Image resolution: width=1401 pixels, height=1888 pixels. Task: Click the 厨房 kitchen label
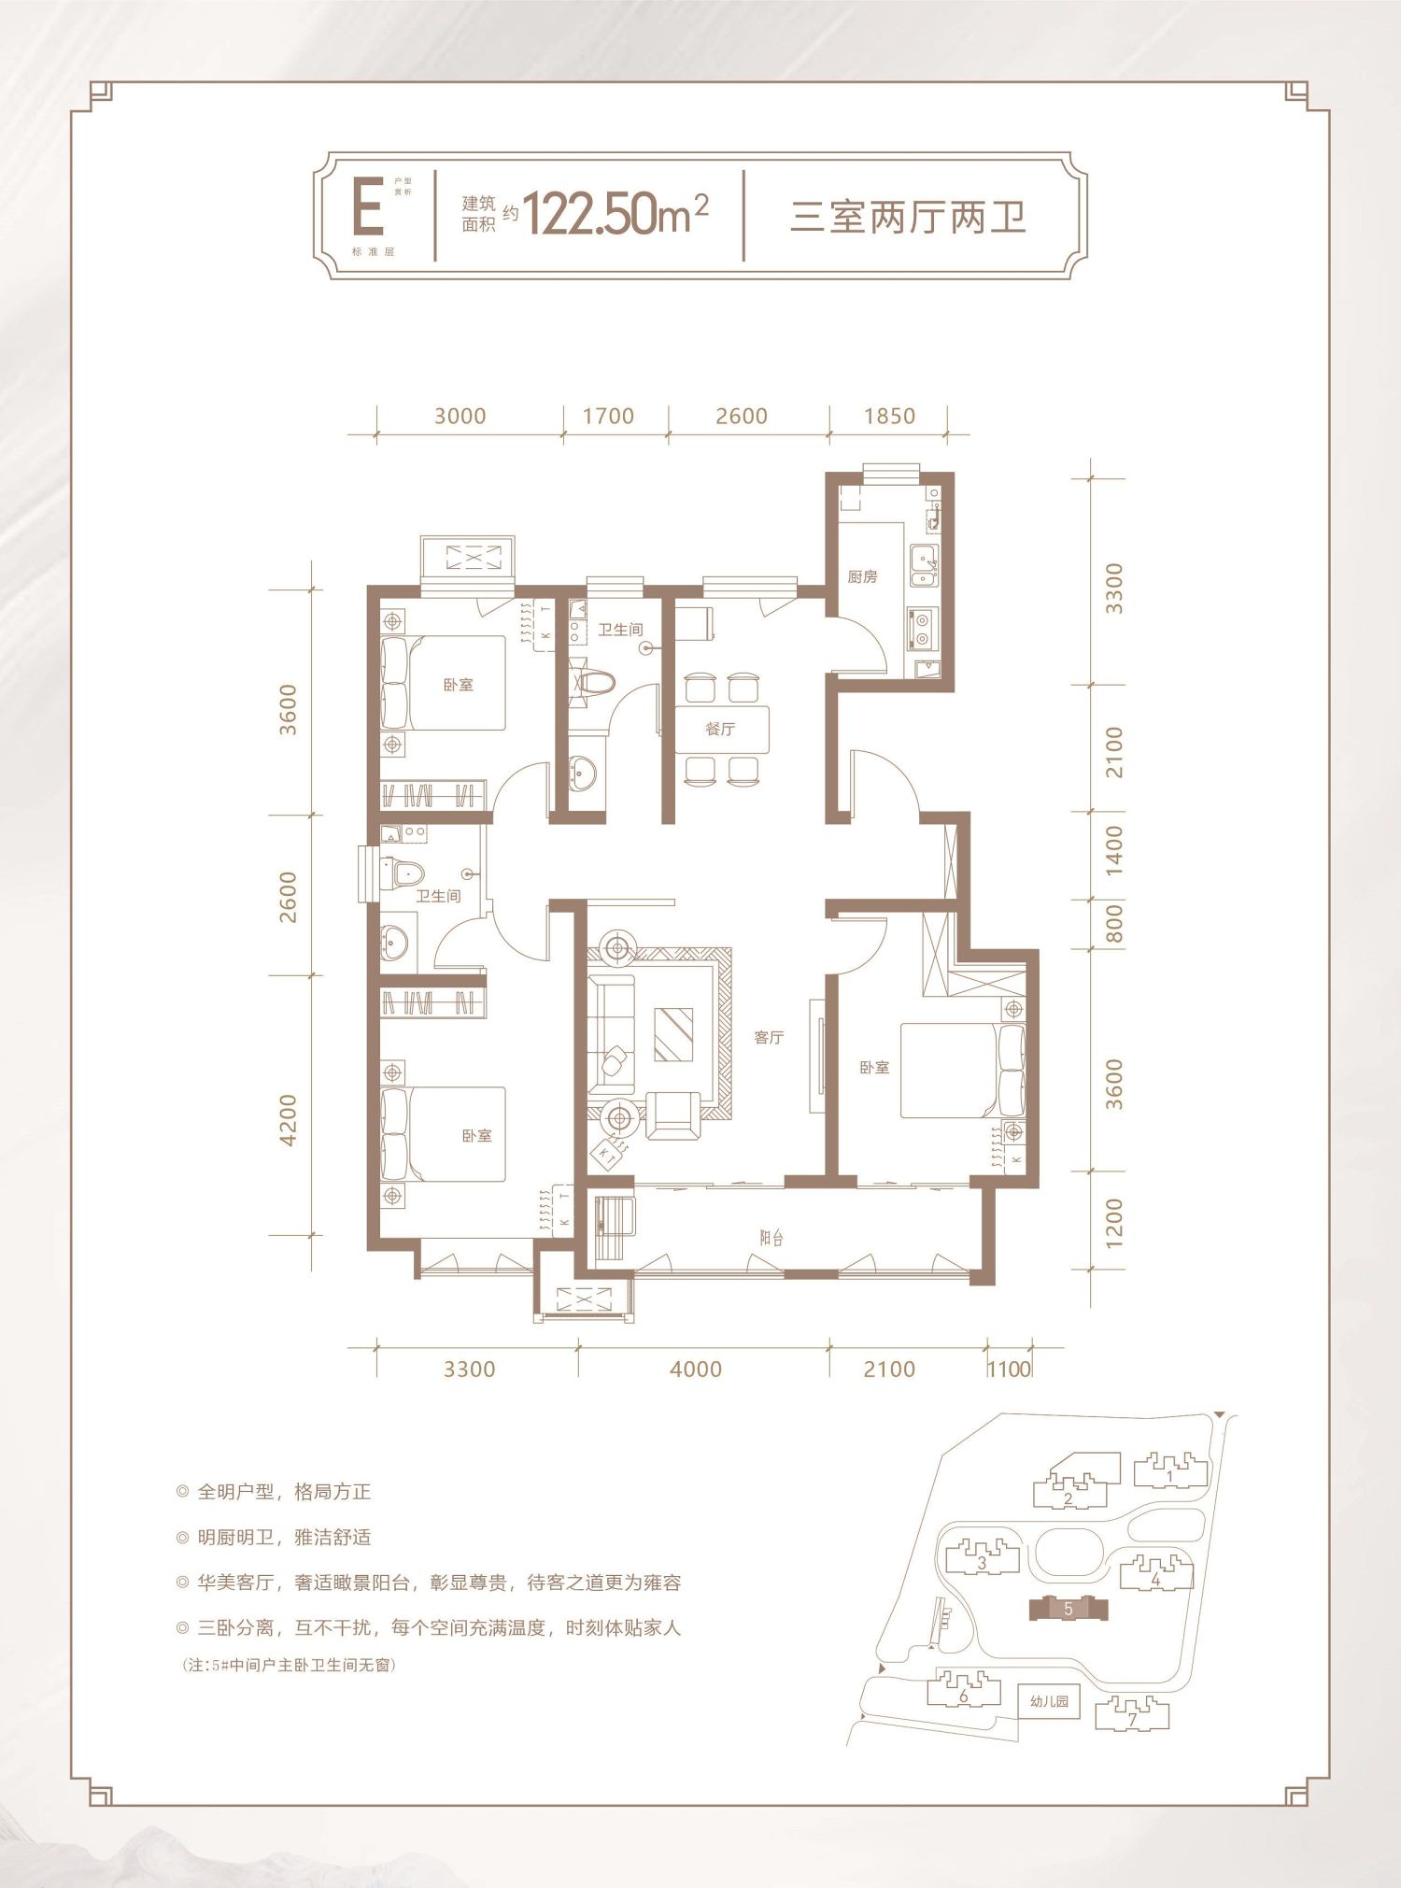[x=862, y=577]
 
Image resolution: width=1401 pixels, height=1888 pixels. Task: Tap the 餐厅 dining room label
[x=720, y=729]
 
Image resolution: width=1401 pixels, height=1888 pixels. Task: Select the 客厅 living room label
[x=769, y=1037]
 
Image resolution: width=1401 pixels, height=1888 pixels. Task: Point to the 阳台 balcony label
[x=771, y=1238]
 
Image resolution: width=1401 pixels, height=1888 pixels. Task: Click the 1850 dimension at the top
[x=889, y=416]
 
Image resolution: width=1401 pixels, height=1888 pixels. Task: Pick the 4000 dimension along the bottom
[x=696, y=1369]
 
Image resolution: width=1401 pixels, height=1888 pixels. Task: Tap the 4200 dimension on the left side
[x=288, y=1120]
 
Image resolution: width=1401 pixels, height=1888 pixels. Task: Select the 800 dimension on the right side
[x=1112, y=923]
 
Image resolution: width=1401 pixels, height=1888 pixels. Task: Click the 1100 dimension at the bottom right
[x=1009, y=1370]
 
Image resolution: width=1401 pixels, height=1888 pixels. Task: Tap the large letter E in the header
[x=367, y=210]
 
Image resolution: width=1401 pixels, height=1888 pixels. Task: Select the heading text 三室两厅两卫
[x=908, y=218]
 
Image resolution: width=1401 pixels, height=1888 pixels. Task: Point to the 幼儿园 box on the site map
[x=1049, y=1701]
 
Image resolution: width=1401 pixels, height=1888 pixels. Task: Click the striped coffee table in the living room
[x=673, y=1034]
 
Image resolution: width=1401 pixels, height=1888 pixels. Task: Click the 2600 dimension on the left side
[x=288, y=896]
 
